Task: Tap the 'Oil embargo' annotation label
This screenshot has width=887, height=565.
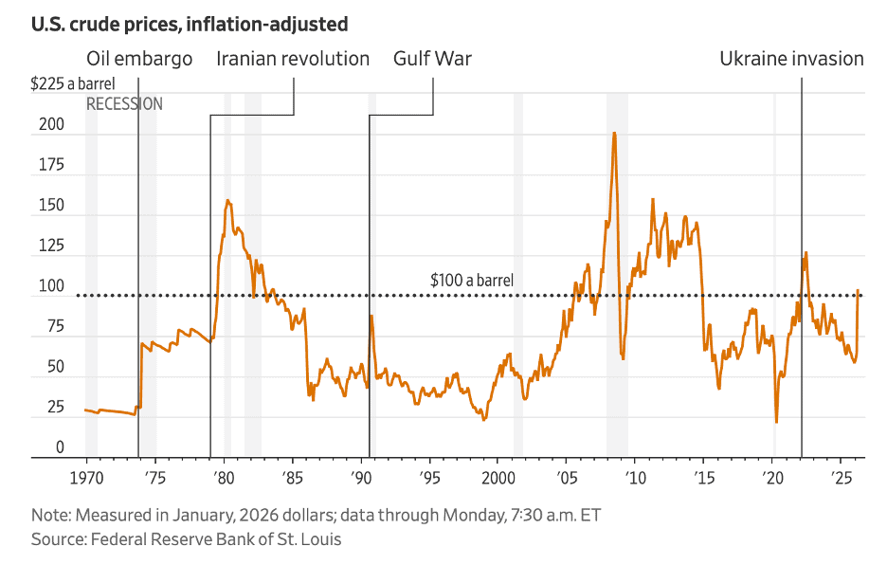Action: [x=139, y=59]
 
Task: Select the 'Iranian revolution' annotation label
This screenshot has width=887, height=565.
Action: [x=293, y=59]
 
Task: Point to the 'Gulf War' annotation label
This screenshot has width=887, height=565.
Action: [x=432, y=59]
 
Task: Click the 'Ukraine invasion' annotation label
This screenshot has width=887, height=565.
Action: [x=791, y=59]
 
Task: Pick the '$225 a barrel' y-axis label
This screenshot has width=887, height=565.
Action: [x=73, y=84]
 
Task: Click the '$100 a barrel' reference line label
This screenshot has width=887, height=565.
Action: [x=471, y=281]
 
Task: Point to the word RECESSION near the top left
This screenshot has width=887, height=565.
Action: [x=124, y=104]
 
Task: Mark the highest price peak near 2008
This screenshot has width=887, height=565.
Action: [x=614, y=133]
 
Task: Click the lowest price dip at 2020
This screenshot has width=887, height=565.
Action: [x=776, y=422]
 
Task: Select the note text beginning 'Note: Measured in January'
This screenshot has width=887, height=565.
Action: [x=317, y=517]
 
